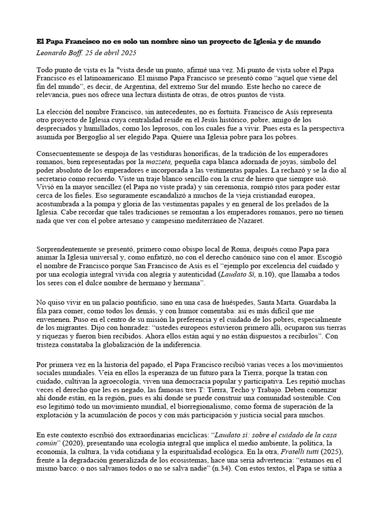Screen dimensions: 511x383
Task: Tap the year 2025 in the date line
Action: tap(126, 52)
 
